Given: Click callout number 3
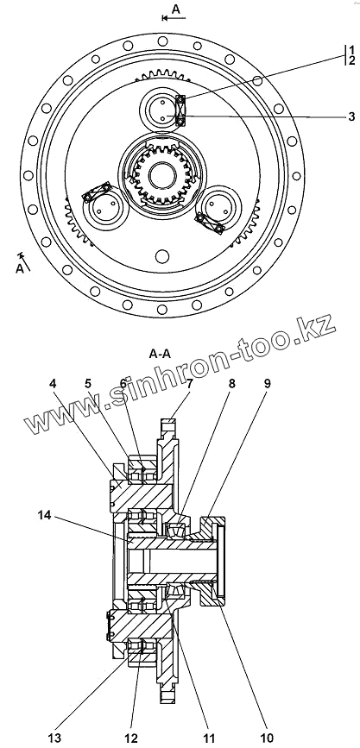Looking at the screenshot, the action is pyautogui.click(x=351, y=116).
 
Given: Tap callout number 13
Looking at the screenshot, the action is pyautogui.click(x=54, y=739).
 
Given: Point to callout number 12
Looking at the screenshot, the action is pyautogui.click(x=131, y=739).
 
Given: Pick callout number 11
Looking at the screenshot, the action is pyautogui.click(x=208, y=739).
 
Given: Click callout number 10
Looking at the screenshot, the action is pyautogui.click(x=268, y=739).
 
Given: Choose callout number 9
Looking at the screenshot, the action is pyautogui.click(x=267, y=384).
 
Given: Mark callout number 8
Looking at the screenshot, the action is pyautogui.click(x=232, y=384).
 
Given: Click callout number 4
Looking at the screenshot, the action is pyautogui.click(x=53, y=384).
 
